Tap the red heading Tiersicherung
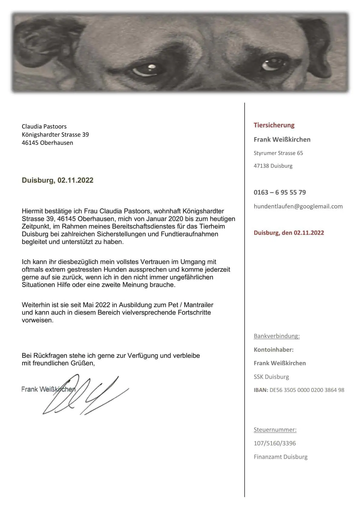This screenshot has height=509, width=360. point(274,125)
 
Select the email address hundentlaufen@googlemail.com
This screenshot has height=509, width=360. point(298,206)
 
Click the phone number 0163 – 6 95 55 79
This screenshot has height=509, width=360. point(280,192)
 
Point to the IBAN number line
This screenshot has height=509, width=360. point(299,390)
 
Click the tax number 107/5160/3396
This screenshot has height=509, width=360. point(275,443)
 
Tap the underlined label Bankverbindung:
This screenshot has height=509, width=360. point(277,336)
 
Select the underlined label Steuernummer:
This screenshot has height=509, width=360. point(275,429)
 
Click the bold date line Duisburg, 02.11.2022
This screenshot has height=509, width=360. point(57,180)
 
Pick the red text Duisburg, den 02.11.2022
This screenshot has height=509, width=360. point(289,233)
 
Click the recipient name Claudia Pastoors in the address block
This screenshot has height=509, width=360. point(44,126)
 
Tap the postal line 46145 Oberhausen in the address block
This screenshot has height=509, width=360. point(47,143)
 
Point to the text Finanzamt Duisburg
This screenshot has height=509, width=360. point(280,457)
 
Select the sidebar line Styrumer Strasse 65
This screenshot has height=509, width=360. point(278,153)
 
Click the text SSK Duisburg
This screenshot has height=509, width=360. point(271,377)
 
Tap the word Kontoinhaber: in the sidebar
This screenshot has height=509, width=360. point(273,350)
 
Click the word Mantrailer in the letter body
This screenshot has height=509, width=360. point(198,305)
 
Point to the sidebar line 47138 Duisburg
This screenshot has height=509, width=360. point(273,166)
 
